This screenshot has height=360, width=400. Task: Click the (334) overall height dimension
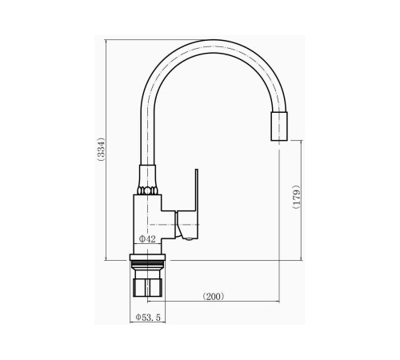(102, 149)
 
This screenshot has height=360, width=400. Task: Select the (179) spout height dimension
(297, 197)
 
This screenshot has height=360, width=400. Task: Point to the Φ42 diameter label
(147, 239)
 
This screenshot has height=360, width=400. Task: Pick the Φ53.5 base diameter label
(148, 318)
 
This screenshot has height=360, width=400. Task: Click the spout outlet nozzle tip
(279, 126)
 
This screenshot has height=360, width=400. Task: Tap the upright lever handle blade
(197, 190)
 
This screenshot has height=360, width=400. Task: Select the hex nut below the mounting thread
(147, 288)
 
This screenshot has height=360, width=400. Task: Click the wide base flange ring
(147, 258)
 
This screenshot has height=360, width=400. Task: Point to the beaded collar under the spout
(147, 191)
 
